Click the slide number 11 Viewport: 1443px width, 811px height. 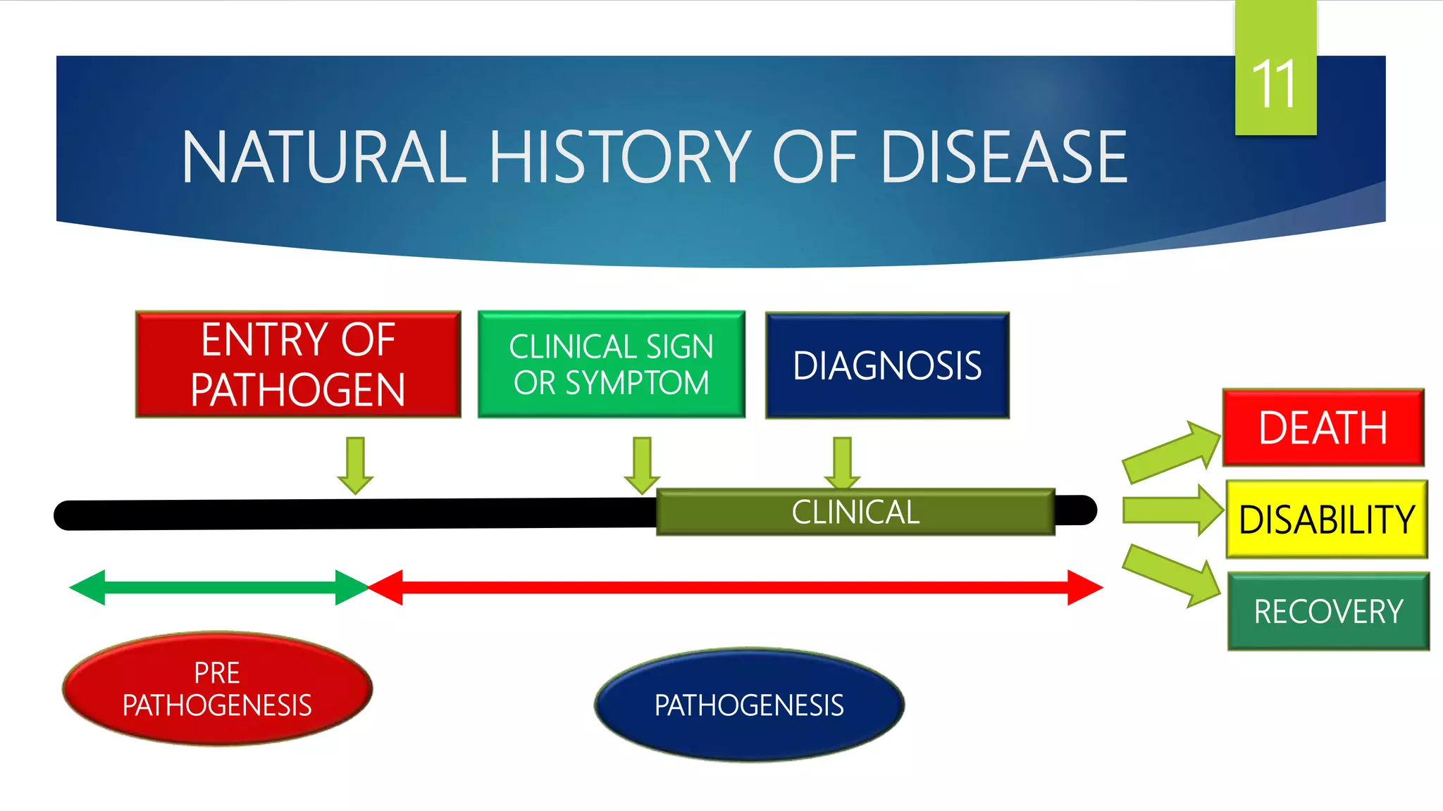[x=1275, y=84]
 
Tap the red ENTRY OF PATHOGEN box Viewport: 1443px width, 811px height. [x=298, y=365]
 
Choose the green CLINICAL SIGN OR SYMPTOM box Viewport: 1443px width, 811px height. [x=611, y=365]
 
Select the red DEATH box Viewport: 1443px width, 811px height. [x=1323, y=427]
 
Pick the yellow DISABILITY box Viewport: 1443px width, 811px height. [x=1327, y=520]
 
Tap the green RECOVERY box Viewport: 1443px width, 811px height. [x=1328, y=611]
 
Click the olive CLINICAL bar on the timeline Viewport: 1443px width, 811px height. [x=855, y=512]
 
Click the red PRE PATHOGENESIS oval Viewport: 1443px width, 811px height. [x=217, y=689]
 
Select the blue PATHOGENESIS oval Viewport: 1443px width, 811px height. [x=749, y=705]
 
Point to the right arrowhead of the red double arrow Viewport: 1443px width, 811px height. [x=1085, y=587]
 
